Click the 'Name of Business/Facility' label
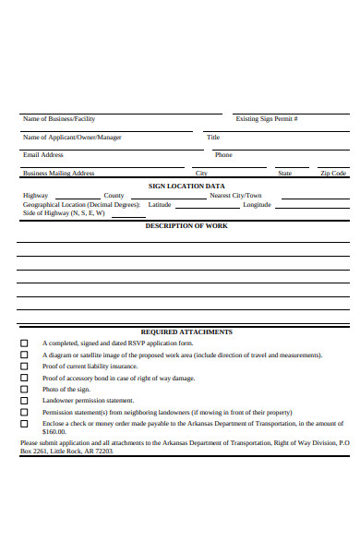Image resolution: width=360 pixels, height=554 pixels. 59,119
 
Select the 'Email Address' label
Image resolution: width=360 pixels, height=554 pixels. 43,155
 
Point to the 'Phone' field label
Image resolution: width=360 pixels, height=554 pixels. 223,155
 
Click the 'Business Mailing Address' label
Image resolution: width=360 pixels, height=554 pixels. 59,173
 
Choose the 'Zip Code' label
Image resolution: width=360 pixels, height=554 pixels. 332,173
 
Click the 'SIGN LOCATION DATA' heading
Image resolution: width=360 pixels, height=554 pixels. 186,186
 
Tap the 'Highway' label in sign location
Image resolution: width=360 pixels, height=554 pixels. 36,196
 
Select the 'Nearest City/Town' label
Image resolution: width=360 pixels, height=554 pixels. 235,196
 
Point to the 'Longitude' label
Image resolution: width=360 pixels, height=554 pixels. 257,205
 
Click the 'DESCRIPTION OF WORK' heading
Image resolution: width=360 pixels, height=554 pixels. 186,226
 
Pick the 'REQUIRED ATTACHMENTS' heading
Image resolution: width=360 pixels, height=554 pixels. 186,331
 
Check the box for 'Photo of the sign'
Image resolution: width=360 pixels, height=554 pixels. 25,390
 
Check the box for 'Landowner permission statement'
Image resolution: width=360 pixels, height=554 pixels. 25,401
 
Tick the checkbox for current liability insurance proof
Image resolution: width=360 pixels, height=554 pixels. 25,367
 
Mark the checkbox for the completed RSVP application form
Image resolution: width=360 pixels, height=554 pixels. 25,343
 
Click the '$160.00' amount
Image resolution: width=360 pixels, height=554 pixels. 54,432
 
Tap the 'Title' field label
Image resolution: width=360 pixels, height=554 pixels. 213,138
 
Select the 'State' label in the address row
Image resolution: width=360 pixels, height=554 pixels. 285,173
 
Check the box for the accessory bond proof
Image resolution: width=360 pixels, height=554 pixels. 25,379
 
